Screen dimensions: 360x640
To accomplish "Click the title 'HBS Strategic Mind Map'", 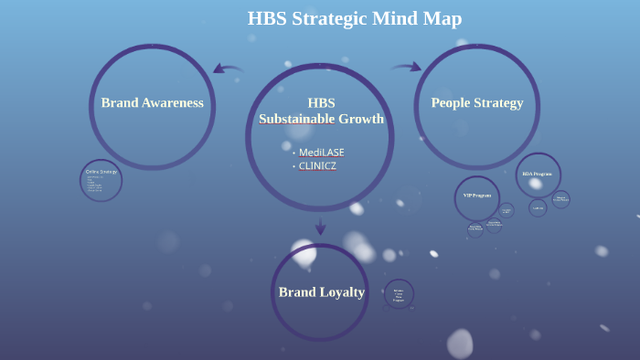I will [x=355, y=18].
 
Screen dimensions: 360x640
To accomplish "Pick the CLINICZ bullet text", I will [x=317, y=166].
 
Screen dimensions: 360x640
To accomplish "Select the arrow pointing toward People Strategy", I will [x=407, y=66].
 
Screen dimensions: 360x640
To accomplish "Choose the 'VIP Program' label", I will [x=477, y=196].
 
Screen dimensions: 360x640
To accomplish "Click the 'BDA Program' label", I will [x=537, y=174].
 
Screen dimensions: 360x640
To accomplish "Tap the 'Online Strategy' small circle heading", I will [x=101, y=172].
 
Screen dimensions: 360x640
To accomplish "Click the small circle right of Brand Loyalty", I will [x=399, y=294].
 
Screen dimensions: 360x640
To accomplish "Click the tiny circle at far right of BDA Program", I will [x=560, y=198].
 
